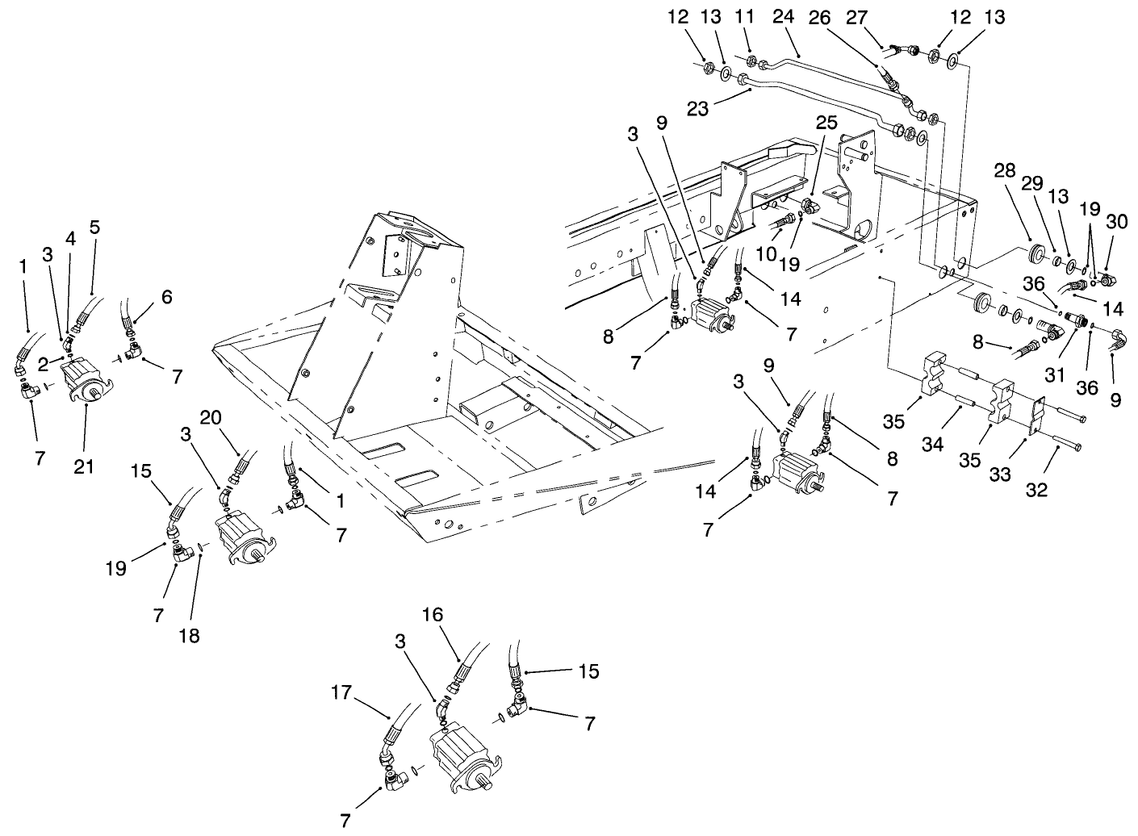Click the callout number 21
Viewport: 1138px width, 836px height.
85,466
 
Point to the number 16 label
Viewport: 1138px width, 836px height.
433,614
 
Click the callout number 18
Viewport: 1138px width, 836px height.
190,635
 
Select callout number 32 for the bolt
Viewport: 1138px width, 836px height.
1036,489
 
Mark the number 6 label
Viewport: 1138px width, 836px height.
166,296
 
